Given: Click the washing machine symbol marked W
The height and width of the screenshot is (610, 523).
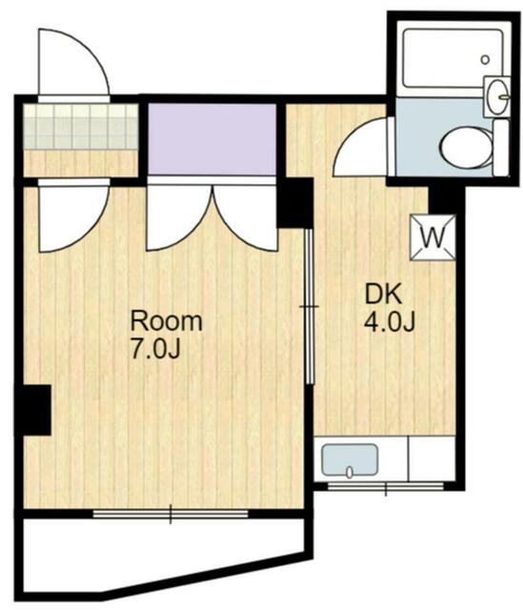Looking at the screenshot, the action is [x=432, y=237].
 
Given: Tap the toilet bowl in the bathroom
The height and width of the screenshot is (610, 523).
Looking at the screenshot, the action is [x=466, y=148].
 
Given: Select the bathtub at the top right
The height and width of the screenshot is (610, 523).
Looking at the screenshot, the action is [x=452, y=58].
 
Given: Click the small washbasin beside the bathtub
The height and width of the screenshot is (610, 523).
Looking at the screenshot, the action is [x=496, y=95].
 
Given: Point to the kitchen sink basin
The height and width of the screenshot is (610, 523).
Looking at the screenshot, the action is [x=350, y=459].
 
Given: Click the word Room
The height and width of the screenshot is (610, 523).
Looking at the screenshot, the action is [x=167, y=321].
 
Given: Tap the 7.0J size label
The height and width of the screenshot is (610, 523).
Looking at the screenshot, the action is [x=155, y=350].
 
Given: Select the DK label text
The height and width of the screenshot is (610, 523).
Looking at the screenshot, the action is [x=383, y=295].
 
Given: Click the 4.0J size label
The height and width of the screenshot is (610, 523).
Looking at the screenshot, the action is [x=390, y=323].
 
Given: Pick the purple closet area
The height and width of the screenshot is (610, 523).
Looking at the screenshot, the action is [x=212, y=139].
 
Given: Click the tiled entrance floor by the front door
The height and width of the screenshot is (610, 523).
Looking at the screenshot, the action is [x=80, y=127].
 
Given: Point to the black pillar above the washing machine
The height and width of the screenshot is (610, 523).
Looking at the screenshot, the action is [x=446, y=200].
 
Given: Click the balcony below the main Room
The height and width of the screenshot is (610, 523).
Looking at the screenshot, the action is [x=163, y=557].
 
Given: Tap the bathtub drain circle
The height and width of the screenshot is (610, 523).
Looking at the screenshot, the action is [x=485, y=60].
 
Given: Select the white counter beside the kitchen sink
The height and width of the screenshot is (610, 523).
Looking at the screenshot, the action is [x=432, y=458].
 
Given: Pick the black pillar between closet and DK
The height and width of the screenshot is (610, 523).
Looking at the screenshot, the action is [x=294, y=203].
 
